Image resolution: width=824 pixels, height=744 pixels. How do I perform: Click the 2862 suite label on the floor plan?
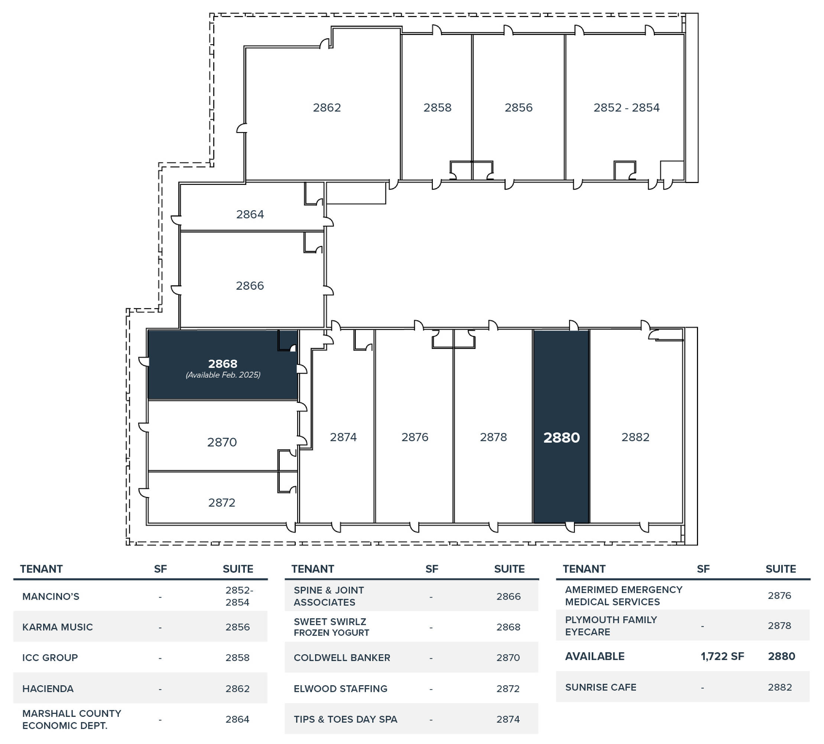click(x=327, y=108)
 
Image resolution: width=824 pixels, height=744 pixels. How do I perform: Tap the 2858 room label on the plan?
click(x=437, y=108)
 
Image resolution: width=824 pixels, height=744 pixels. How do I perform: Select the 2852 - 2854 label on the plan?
click(x=626, y=108)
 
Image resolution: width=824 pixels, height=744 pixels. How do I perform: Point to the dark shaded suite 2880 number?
click(x=561, y=437)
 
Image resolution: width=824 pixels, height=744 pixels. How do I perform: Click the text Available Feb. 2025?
click(x=223, y=375)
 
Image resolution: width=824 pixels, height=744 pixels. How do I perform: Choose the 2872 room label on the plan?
click(x=222, y=503)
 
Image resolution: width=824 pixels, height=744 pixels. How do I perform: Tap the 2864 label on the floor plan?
click(x=250, y=214)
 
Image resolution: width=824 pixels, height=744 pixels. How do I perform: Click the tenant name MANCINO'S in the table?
click(x=51, y=596)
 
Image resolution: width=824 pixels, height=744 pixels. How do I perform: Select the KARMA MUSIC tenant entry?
click(x=58, y=627)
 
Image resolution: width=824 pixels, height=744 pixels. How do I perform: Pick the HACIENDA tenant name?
click(x=48, y=689)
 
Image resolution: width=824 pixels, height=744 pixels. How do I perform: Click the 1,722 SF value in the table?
click(x=722, y=657)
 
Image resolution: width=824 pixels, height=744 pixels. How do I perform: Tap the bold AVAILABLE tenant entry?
click(x=594, y=657)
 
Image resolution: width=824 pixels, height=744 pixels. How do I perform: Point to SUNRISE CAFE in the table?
click(x=601, y=687)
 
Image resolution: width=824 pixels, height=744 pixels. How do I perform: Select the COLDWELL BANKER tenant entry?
click(x=342, y=658)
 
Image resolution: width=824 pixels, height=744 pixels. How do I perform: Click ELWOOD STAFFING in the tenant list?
click(x=341, y=689)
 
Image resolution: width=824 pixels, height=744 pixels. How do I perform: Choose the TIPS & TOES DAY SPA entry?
click(x=346, y=719)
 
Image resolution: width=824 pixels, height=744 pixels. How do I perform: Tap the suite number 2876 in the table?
click(x=779, y=596)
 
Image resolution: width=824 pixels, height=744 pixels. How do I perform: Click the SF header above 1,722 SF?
click(x=703, y=569)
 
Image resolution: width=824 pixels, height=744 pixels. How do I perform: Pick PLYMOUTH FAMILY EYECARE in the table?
click(x=611, y=626)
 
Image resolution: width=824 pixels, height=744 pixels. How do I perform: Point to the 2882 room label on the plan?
click(x=635, y=437)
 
